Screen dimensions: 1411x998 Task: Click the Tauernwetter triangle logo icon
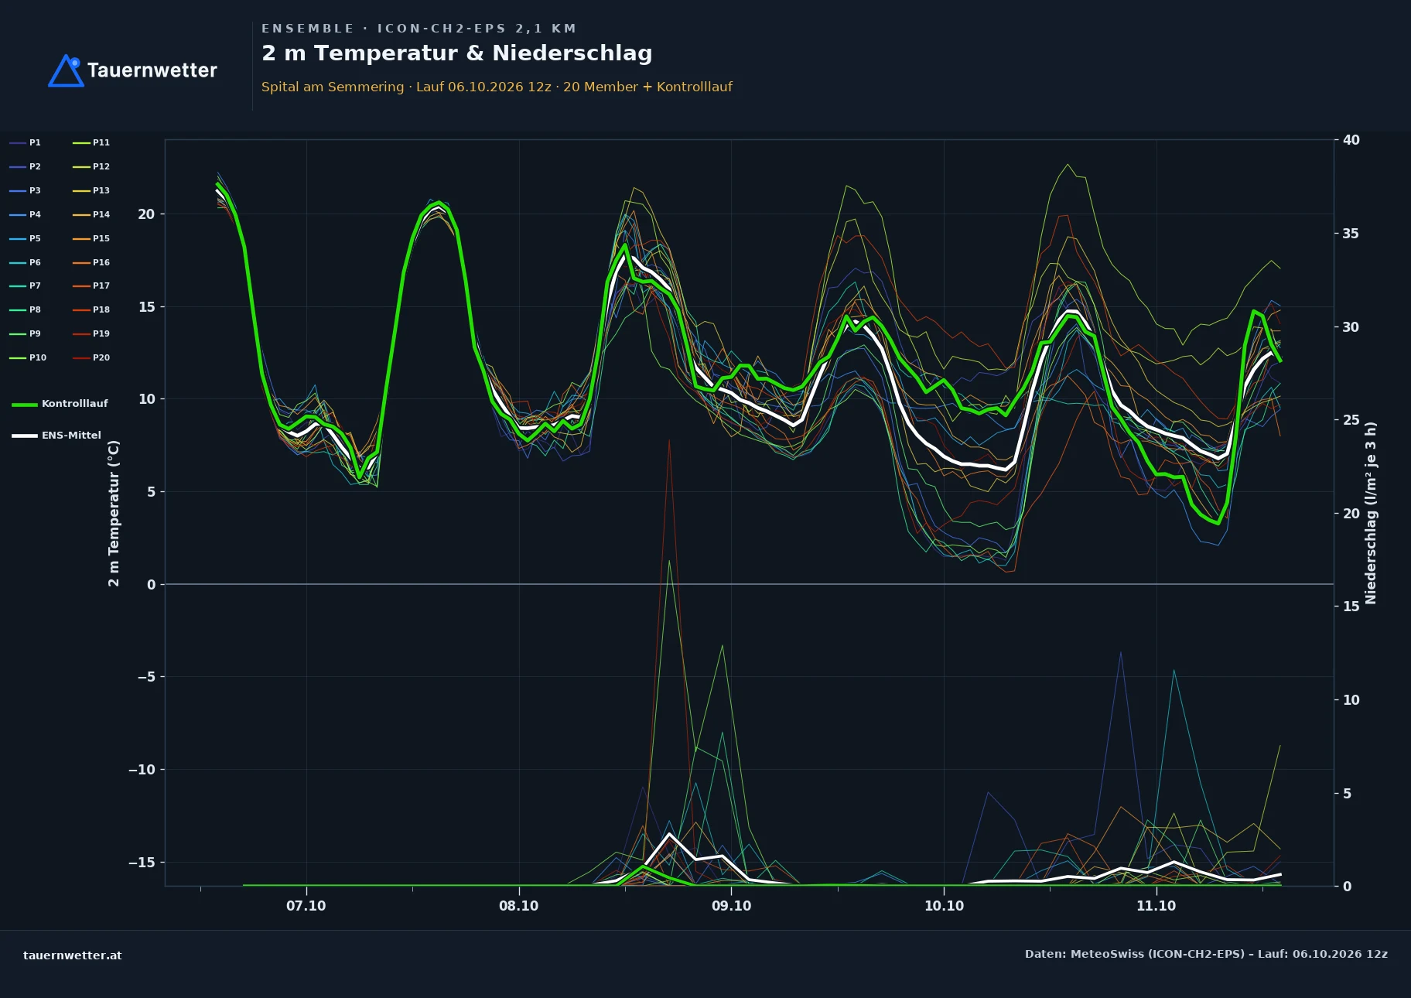pyautogui.click(x=67, y=70)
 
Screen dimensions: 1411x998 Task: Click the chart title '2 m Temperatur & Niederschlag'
pyautogui.click(x=456, y=53)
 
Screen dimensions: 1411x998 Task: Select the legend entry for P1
pyautogui.click(x=26, y=142)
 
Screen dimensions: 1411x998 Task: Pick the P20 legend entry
pyautogui.click(x=91, y=357)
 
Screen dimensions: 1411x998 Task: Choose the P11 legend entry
pyautogui.click(x=91, y=142)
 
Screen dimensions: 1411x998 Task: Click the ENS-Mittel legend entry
pyautogui.click(x=56, y=436)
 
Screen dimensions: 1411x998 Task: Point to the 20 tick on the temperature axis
pyautogui.click(x=146, y=214)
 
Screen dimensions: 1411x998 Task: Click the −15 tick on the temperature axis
pyautogui.click(x=142, y=862)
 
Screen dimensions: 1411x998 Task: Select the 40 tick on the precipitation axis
pyautogui.click(x=1351, y=140)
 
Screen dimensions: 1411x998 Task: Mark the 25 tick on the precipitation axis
pyautogui.click(x=1351, y=420)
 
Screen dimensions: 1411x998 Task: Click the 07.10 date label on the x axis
pyautogui.click(x=306, y=906)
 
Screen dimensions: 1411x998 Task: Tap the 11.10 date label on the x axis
pyautogui.click(x=1156, y=906)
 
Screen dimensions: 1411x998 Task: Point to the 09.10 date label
pyautogui.click(x=731, y=906)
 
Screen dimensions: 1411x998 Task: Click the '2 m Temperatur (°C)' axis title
pyautogui.click(x=114, y=513)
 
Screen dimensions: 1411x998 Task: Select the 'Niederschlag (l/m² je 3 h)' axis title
pyautogui.click(x=1371, y=513)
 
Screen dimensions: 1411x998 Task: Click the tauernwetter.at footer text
pyautogui.click(x=73, y=955)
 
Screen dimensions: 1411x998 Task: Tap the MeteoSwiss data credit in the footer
pyautogui.click(x=1206, y=954)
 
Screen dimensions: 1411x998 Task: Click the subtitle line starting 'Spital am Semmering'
pyautogui.click(x=497, y=87)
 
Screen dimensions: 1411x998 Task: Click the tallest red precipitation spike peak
pyautogui.click(x=669, y=439)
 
